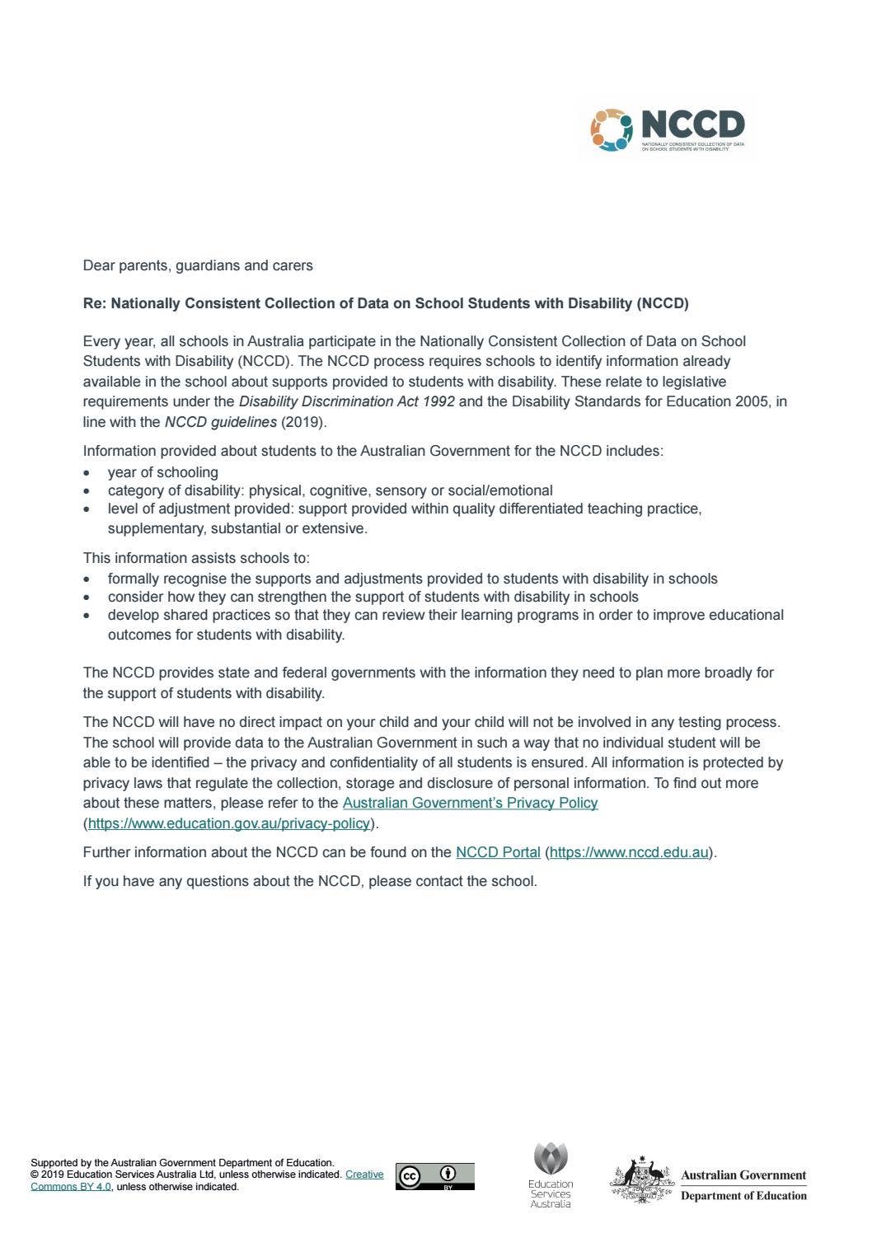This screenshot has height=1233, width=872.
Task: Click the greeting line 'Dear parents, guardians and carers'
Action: [198, 265]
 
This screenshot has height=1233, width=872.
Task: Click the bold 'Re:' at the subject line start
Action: [95, 303]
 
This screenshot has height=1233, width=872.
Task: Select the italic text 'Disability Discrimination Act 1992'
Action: [346, 402]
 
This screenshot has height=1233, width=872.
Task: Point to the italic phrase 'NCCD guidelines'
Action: [220, 422]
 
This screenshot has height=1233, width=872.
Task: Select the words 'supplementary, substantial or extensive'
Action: [237, 528]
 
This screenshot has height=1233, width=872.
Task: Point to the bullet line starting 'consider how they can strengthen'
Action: [373, 597]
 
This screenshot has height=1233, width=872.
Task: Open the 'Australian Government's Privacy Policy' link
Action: [470, 803]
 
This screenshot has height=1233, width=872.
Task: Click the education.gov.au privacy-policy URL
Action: [228, 823]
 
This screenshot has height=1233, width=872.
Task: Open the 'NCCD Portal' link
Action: [498, 852]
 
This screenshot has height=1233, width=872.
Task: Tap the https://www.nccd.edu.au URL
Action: [629, 852]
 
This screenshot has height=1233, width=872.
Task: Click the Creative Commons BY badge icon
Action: [434, 1176]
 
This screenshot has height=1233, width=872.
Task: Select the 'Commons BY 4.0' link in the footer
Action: [71, 1187]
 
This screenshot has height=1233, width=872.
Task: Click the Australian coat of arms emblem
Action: [642, 1181]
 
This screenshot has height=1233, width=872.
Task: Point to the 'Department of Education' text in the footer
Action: [743, 1196]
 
